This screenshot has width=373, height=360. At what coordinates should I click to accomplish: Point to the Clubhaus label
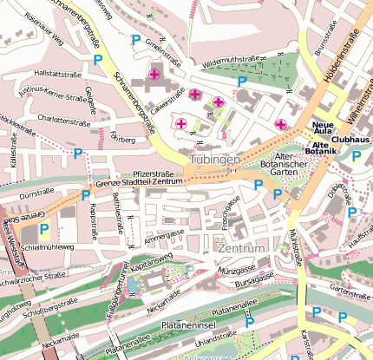(x=350, y=138)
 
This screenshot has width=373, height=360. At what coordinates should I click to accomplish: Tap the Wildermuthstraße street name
(x=232, y=63)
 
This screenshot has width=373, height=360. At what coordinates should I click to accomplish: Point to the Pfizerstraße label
(x=154, y=174)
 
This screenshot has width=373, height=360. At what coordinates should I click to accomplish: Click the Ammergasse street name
(x=166, y=236)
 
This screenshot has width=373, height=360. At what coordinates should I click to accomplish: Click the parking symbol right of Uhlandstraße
(x=250, y=322)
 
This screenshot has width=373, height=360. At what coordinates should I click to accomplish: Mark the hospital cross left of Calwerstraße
(x=155, y=75)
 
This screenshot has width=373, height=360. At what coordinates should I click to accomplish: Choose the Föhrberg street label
(x=124, y=138)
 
